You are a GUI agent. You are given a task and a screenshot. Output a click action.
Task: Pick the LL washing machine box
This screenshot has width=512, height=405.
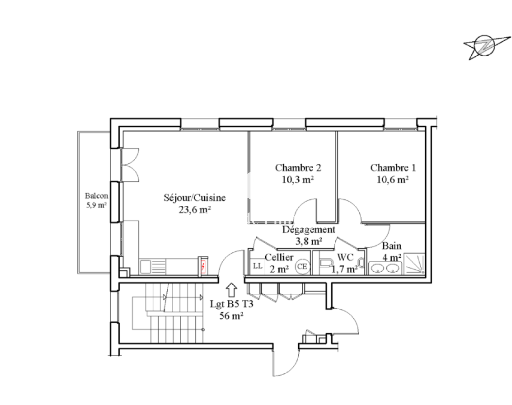point(257,266)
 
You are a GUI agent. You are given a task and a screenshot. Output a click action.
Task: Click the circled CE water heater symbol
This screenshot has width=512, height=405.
point(302,266)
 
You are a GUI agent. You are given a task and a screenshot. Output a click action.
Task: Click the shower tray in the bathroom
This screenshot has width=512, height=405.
point(415,264)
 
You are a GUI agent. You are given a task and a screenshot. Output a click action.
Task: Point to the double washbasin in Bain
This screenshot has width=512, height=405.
point(385,268)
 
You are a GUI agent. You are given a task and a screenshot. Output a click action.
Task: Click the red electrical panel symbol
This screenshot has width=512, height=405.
point(203,266)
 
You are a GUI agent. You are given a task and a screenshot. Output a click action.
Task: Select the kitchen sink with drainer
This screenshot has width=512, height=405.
point(153,266)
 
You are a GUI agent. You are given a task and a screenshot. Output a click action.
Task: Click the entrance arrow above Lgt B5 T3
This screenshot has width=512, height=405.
point(231,290)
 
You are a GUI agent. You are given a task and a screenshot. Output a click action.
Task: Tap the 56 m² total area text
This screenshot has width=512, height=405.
point(231,316)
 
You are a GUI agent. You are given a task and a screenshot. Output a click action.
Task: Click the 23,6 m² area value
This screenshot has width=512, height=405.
point(195,210)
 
